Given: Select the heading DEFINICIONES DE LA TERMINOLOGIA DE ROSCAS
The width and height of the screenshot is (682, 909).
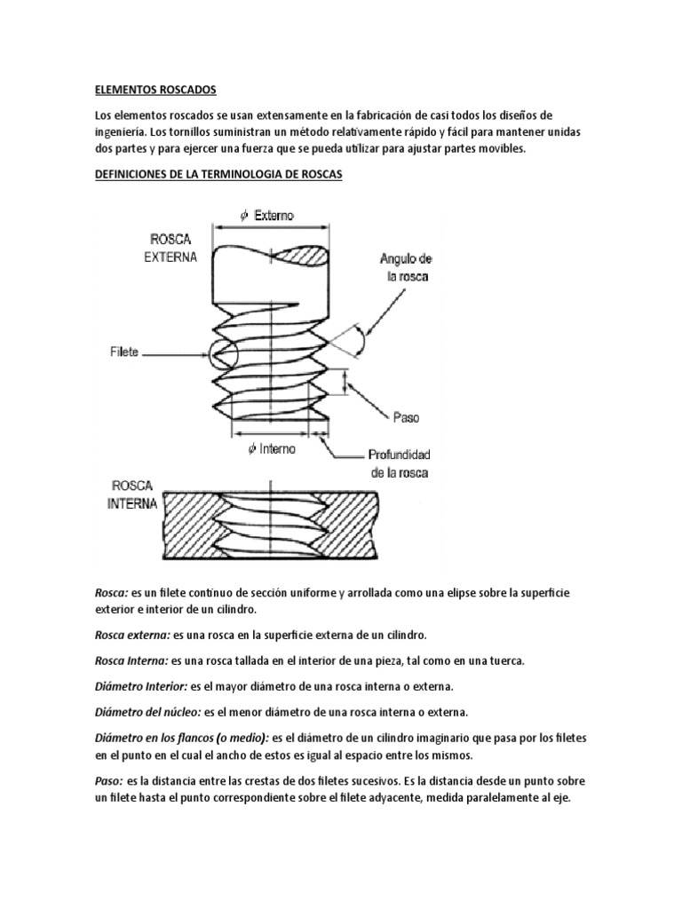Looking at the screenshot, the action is click(218, 175).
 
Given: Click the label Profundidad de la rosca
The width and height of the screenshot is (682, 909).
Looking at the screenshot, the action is click(399, 464).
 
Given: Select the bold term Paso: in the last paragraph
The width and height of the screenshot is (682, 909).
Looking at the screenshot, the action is click(109, 780).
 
